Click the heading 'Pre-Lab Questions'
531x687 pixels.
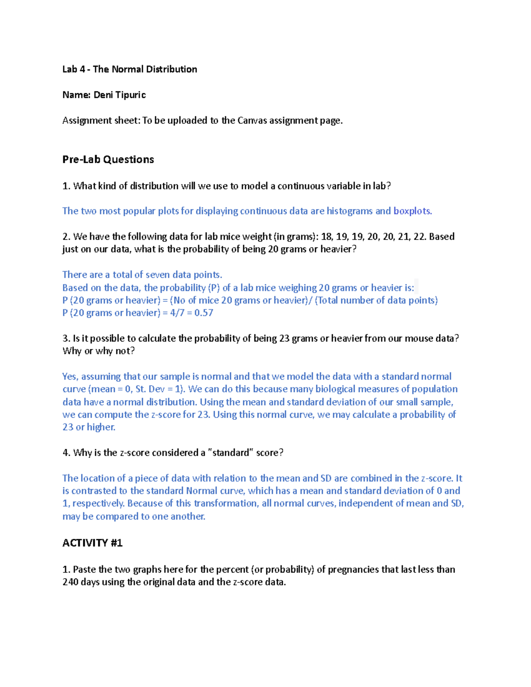[108, 160]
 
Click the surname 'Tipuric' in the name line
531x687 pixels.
[131, 95]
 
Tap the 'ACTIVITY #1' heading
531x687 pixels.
[92, 543]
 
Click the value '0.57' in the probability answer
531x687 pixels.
[204, 313]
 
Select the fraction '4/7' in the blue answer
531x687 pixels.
[177, 313]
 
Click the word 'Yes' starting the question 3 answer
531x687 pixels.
[70, 376]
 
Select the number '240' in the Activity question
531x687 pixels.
[70, 582]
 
